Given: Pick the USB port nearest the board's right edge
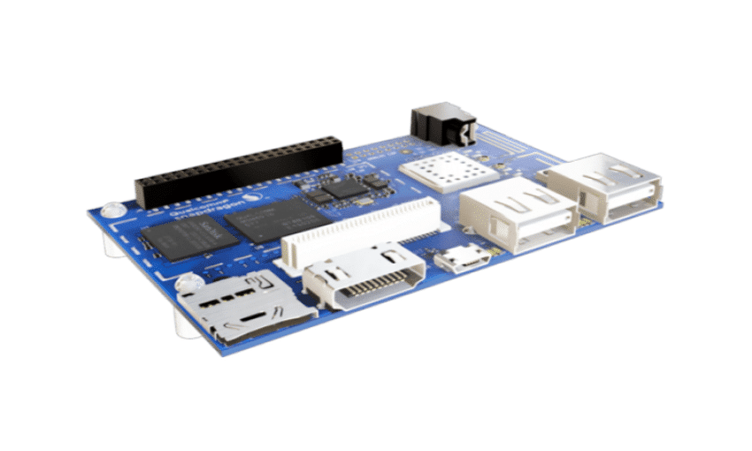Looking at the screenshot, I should tap(606, 187).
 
